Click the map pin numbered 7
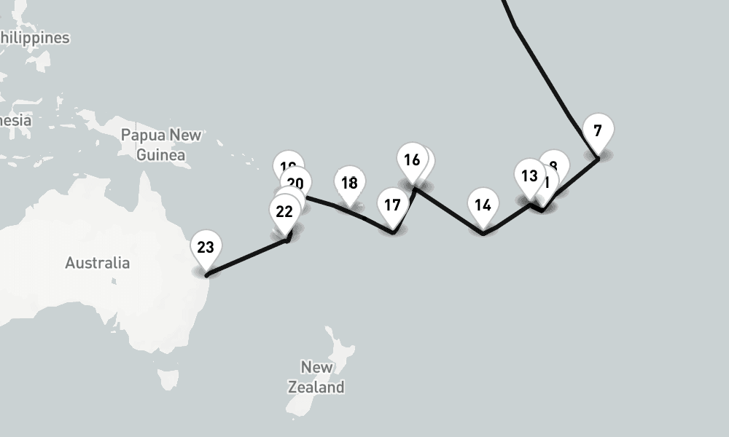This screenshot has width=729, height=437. click(x=598, y=133)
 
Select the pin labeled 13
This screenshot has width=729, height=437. click(x=529, y=176)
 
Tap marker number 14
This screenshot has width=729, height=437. click(x=483, y=205)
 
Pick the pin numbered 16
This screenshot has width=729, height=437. click(x=412, y=160)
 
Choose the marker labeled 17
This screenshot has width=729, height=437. click(x=392, y=205)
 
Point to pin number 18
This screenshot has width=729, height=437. click(x=350, y=184)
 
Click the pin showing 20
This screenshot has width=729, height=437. click(x=296, y=184)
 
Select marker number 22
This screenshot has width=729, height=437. click(x=284, y=212)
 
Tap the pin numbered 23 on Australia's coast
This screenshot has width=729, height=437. click(x=206, y=248)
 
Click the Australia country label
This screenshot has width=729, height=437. click(x=97, y=263)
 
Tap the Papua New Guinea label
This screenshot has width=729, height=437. click(x=161, y=144)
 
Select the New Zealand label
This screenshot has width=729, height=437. click(x=316, y=377)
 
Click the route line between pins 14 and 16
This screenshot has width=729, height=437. click(x=448, y=211)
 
